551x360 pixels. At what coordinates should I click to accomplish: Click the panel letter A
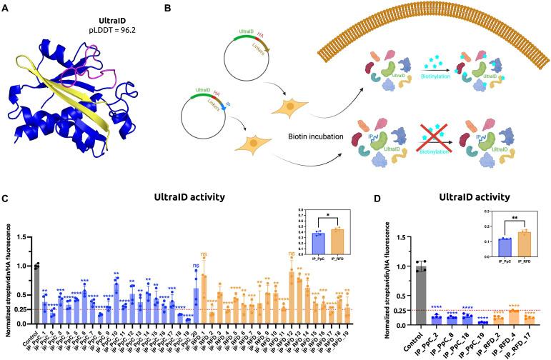(7, 9)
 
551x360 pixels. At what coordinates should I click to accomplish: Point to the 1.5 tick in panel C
(13, 236)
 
